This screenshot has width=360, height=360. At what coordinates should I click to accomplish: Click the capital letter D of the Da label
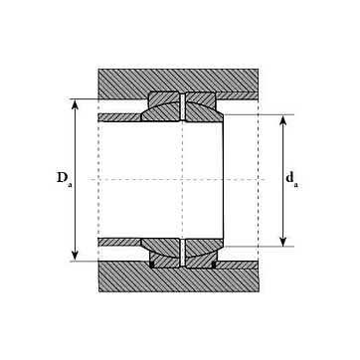pos(62,177)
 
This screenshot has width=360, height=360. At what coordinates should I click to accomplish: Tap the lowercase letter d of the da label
pos(289,178)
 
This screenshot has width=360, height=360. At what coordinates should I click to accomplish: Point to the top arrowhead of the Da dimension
pos(76,104)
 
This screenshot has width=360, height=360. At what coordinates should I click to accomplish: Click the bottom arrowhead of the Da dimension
pos(76,256)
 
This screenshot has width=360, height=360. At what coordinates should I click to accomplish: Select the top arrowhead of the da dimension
pos(282,120)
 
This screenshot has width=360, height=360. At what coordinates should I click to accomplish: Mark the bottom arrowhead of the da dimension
pos(282,241)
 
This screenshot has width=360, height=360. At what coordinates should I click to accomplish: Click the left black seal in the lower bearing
pos(152,265)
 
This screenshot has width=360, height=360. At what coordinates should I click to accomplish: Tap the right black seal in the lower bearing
pos(214,265)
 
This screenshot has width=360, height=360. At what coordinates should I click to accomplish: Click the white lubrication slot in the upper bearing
pos(182,106)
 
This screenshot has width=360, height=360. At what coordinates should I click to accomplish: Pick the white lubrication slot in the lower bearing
pos(182,253)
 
